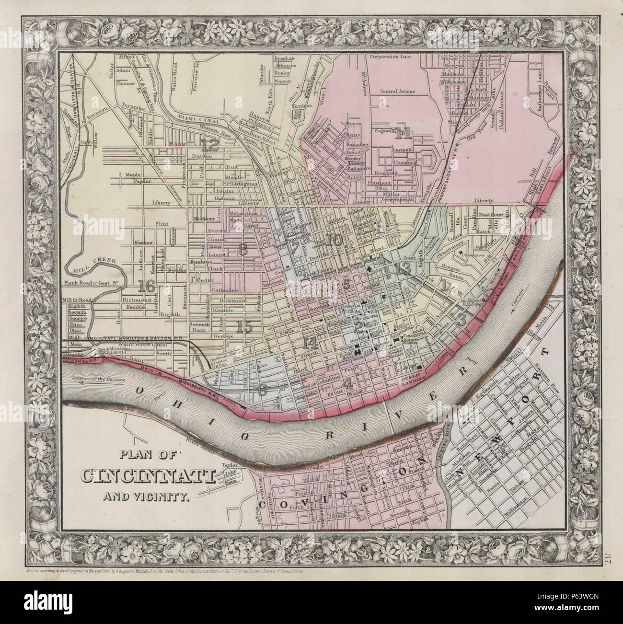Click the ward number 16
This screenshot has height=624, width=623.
pos(146,286)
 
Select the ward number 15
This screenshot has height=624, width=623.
pos(244,327)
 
